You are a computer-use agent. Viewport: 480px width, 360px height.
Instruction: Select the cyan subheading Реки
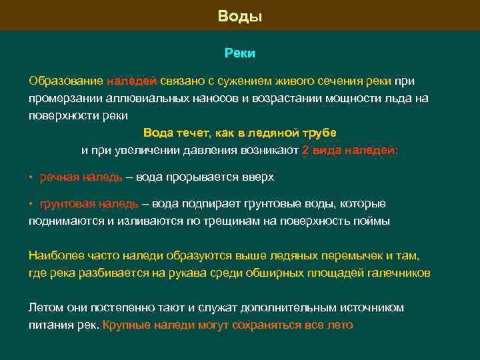tap(240, 53)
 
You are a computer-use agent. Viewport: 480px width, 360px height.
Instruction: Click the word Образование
tap(65, 81)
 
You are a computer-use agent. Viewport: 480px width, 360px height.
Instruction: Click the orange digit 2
tap(305, 150)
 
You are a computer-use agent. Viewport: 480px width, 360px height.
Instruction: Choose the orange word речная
tap(60, 178)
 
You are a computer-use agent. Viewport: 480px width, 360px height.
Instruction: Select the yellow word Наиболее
tap(53, 255)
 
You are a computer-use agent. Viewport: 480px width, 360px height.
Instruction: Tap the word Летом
tap(45, 308)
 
